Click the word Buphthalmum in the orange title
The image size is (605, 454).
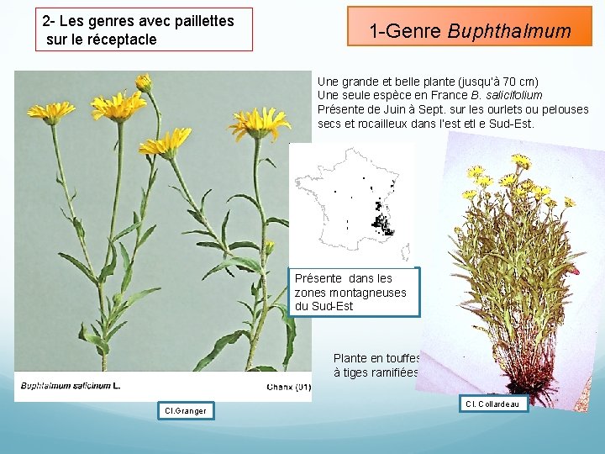(509, 32)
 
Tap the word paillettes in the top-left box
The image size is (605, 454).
(199, 21)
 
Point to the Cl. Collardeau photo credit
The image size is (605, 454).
(493, 404)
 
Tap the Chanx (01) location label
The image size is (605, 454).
(288, 386)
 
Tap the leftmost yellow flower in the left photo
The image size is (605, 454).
(50, 111)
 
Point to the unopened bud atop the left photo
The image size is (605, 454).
(145, 82)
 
